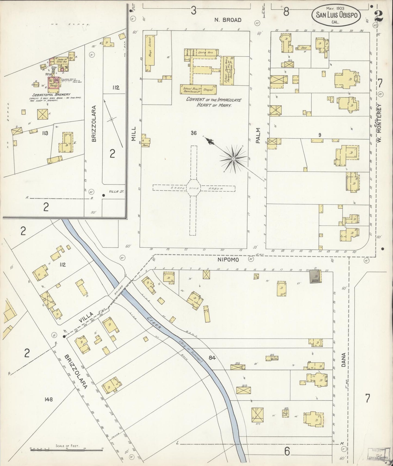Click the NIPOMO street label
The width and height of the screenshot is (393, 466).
coord(228,260)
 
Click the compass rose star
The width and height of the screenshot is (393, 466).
coord(233,159)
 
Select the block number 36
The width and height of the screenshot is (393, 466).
coord(193,133)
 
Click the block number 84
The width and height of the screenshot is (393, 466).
coord(212,358)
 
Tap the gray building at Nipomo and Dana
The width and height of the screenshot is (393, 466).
coord(315,277)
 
